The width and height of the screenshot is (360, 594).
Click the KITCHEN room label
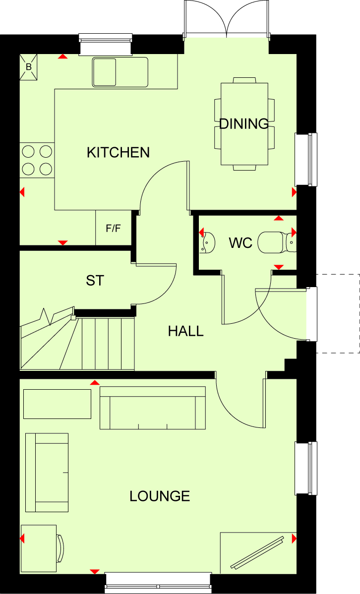click(x=118, y=152)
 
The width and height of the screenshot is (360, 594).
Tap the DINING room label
click(x=244, y=124)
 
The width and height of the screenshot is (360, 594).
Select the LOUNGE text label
click(x=160, y=496)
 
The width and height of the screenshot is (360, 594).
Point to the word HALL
click(x=185, y=331)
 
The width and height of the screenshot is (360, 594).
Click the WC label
click(x=240, y=243)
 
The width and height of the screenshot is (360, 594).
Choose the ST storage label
click(x=95, y=281)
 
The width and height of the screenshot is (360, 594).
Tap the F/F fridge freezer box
click(x=113, y=228)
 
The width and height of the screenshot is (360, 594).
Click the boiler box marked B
click(x=29, y=67)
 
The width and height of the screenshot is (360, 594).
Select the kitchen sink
click(x=120, y=72)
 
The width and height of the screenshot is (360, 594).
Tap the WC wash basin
click(x=208, y=242)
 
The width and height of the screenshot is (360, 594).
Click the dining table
click(x=244, y=124)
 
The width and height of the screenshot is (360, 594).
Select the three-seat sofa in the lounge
click(x=153, y=408)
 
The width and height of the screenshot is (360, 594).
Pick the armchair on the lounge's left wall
click(x=47, y=473)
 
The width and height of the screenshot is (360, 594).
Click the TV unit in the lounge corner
click(x=258, y=552)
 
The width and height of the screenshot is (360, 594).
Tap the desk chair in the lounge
click(x=60, y=548)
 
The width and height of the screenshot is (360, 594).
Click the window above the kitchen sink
click(x=106, y=44)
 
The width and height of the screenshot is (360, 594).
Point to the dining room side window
click(x=306, y=160)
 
